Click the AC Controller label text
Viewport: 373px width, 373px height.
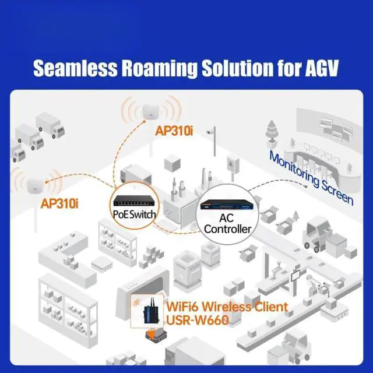227,223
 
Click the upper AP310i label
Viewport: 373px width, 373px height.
174,131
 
